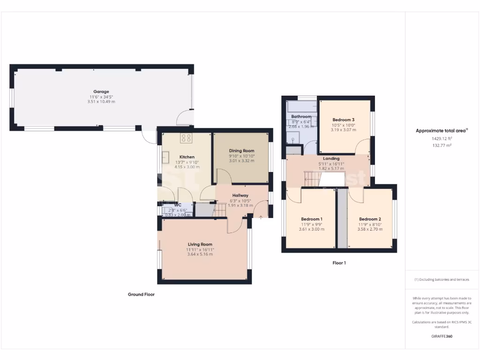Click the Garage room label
coord(101,91)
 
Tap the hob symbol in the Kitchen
coord(186,138)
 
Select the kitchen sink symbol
coord(165,157)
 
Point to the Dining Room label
coord(241,150)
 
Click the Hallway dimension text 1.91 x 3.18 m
coord(240,205)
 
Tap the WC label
coord(178,205)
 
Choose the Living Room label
coord(200,244)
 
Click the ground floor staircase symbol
coord(220,210)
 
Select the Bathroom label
coord(301,116)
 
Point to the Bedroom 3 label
coord(344,120)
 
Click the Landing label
coord(331,158)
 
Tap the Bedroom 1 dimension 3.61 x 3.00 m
coord(311,229)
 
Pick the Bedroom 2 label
coord(370,219)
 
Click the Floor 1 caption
coord(339,263)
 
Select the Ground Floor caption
coord(141,294)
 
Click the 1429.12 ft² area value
coord(442,139)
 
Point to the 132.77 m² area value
coord(442,145)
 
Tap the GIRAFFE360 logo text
coord(442,336)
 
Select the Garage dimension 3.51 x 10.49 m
coord(101,102)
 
